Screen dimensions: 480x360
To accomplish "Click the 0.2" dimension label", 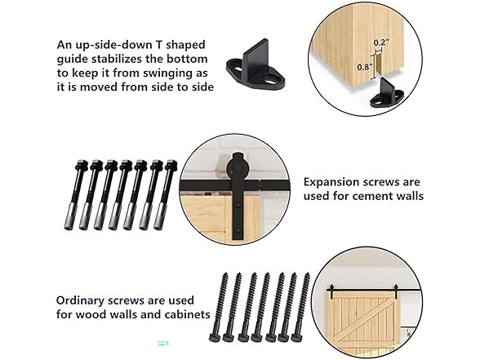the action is pyautogui.click(x=381, y=42).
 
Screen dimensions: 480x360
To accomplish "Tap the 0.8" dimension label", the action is pyautogui.click(x=365, y=67).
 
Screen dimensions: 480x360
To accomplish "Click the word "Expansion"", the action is pyautogui.click(x=331, y=183).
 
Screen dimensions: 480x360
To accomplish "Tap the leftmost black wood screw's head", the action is pyautogui.click(x=214, y=338).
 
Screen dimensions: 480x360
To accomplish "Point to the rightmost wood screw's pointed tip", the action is pyautogui.click(x=307, y=274).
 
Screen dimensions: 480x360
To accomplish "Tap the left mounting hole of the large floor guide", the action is pyautogui.click(x=237, y=65).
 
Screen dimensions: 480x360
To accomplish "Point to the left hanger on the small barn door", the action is pyautogui.click(x=331, y=292).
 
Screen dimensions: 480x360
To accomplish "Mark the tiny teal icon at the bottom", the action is pyautogui.click(x=163, y=343).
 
